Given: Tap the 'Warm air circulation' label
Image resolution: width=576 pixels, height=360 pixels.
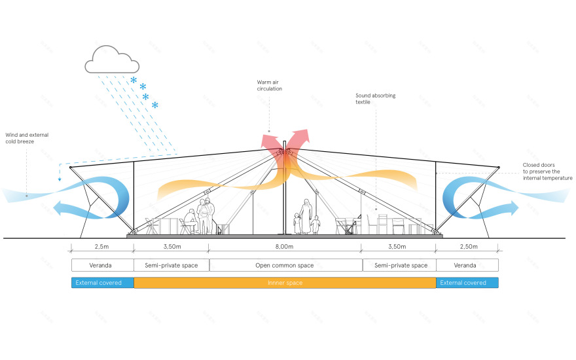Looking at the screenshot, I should (x=270, y=85).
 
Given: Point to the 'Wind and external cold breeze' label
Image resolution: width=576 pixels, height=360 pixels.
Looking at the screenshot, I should (x=26, y=138).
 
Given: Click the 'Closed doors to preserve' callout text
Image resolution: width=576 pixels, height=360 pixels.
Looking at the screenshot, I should (x=547, y=171).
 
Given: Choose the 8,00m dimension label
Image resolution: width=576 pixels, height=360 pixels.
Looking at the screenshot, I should (x=284, y=247).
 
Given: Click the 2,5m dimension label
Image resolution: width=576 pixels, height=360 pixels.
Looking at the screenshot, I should (x=102, y=247).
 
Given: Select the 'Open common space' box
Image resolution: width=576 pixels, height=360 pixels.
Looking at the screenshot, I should (x=285, y=265).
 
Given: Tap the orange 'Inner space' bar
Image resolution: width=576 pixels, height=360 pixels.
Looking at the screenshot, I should (x=285, y=283).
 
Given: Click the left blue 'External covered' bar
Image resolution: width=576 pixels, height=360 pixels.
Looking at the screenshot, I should (x=102, y=283).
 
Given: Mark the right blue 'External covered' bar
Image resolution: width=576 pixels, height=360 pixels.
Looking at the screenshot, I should (x=467, y=283).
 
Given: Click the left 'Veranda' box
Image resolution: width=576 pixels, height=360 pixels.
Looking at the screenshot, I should (x=102, y=265).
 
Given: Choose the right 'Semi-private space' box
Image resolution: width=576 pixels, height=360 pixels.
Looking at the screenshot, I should (x=399, y=265).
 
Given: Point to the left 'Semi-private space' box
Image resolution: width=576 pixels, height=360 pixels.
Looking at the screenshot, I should (x=171, y=265).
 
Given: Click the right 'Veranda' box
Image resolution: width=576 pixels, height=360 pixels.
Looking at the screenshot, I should (x=467, y=265).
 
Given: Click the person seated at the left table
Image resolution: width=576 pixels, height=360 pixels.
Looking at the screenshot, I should (x=189, y=221).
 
